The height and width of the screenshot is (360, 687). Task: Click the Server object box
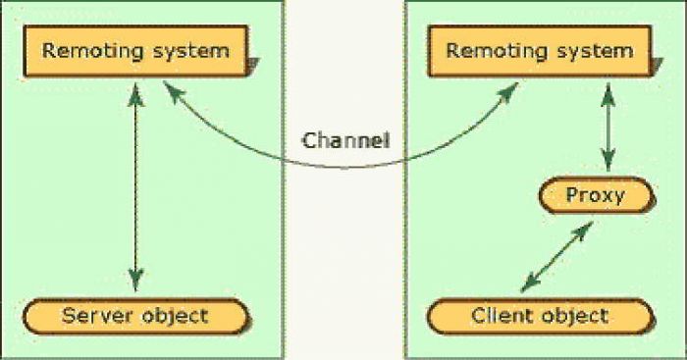135,316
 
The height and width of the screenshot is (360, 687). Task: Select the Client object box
540,316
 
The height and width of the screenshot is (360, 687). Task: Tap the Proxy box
595,195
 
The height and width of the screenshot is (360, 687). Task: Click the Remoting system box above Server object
136,50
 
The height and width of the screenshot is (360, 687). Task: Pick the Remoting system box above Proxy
540,50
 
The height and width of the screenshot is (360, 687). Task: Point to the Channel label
345,139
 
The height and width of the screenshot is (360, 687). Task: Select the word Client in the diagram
501,316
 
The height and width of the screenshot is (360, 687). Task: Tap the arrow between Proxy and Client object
556,256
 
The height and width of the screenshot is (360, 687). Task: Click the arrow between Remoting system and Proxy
609,127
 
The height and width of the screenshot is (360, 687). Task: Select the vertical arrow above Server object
136,186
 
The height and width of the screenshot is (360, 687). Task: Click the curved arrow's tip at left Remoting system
170,88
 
